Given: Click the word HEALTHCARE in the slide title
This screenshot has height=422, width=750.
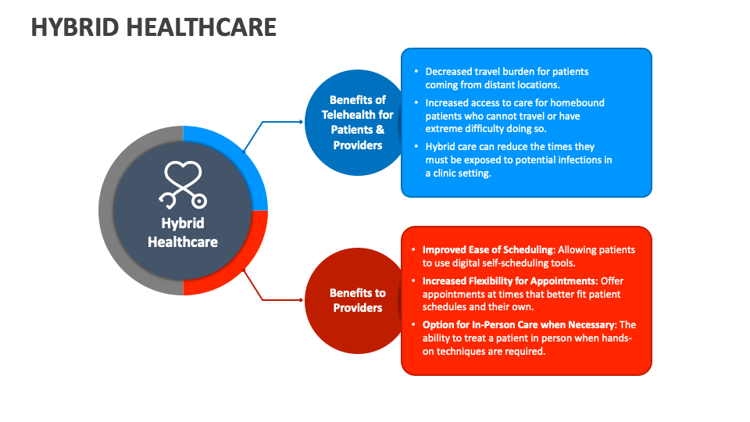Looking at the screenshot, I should click(202, 27).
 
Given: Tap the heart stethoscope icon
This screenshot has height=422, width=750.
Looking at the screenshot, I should click(183, 184).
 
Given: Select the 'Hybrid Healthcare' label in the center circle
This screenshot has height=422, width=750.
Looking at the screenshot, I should click(183, 233).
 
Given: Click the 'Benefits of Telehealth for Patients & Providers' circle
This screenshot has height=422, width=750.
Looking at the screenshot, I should click(352, 123).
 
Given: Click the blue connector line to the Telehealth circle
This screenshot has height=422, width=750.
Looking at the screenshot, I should click(273, 122).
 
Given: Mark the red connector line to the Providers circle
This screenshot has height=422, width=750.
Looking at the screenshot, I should click(273, 299).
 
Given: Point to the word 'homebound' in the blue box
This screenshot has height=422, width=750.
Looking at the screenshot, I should click(577, 103).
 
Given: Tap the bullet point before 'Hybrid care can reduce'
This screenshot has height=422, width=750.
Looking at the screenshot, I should click(416, 146).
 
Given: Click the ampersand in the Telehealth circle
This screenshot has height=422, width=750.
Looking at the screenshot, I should click(380, 130).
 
